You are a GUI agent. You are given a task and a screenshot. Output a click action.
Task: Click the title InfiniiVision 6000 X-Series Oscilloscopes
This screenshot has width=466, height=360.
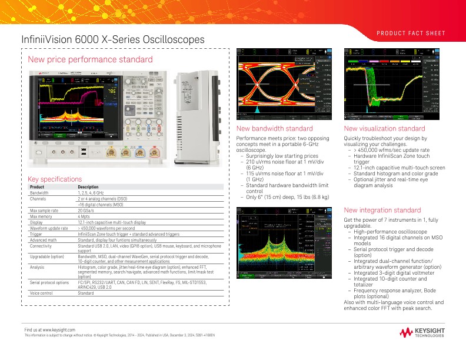[x=113, y=39]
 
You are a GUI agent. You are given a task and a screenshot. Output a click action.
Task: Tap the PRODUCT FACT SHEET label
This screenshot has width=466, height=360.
[x=411, y=34]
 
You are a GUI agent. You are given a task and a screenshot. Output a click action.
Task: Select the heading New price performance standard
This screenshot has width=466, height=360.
[x=90, y=59]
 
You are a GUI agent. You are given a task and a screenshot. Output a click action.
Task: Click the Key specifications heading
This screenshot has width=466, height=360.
[x=55, y=179]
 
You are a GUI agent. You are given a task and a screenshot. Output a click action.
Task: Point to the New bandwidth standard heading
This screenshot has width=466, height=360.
[x=274, y=129]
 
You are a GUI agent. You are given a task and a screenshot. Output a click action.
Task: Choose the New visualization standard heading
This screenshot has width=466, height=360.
[x=384, y=129]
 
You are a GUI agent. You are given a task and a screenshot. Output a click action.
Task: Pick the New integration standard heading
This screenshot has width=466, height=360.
[x=382, y=210]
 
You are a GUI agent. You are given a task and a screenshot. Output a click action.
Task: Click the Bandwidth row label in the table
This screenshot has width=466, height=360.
[x=39, y=193]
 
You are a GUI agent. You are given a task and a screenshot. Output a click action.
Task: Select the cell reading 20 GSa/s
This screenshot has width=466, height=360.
[x=88, y=210]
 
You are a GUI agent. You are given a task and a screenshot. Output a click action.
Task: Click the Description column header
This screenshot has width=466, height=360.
[x=88, y=187]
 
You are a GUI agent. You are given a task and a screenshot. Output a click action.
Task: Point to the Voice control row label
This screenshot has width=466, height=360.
[x=42, y=293]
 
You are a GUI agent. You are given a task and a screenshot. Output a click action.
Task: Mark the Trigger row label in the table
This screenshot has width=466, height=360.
[x=37, y=234]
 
